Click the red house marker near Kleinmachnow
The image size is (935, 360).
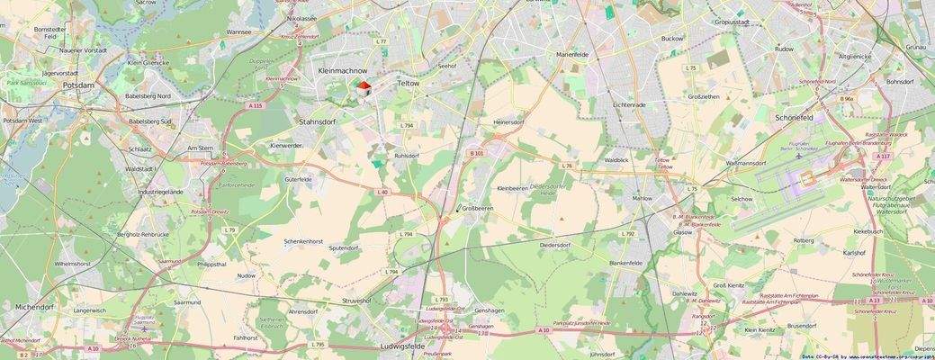click(x=363, y=88)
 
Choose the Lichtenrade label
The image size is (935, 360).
click(x=629, y=105)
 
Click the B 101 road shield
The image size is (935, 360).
click(x=477, y=153)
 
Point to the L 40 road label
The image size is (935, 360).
click(x=382, y=192)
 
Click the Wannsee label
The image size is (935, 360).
click(x=239, y=31)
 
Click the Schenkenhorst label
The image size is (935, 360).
click(x=302, y=241)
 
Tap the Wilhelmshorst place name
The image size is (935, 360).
click(x=73, y=264)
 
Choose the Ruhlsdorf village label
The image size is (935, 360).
click(x=406, y=156)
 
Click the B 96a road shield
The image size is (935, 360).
click(x=846, y=99)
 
